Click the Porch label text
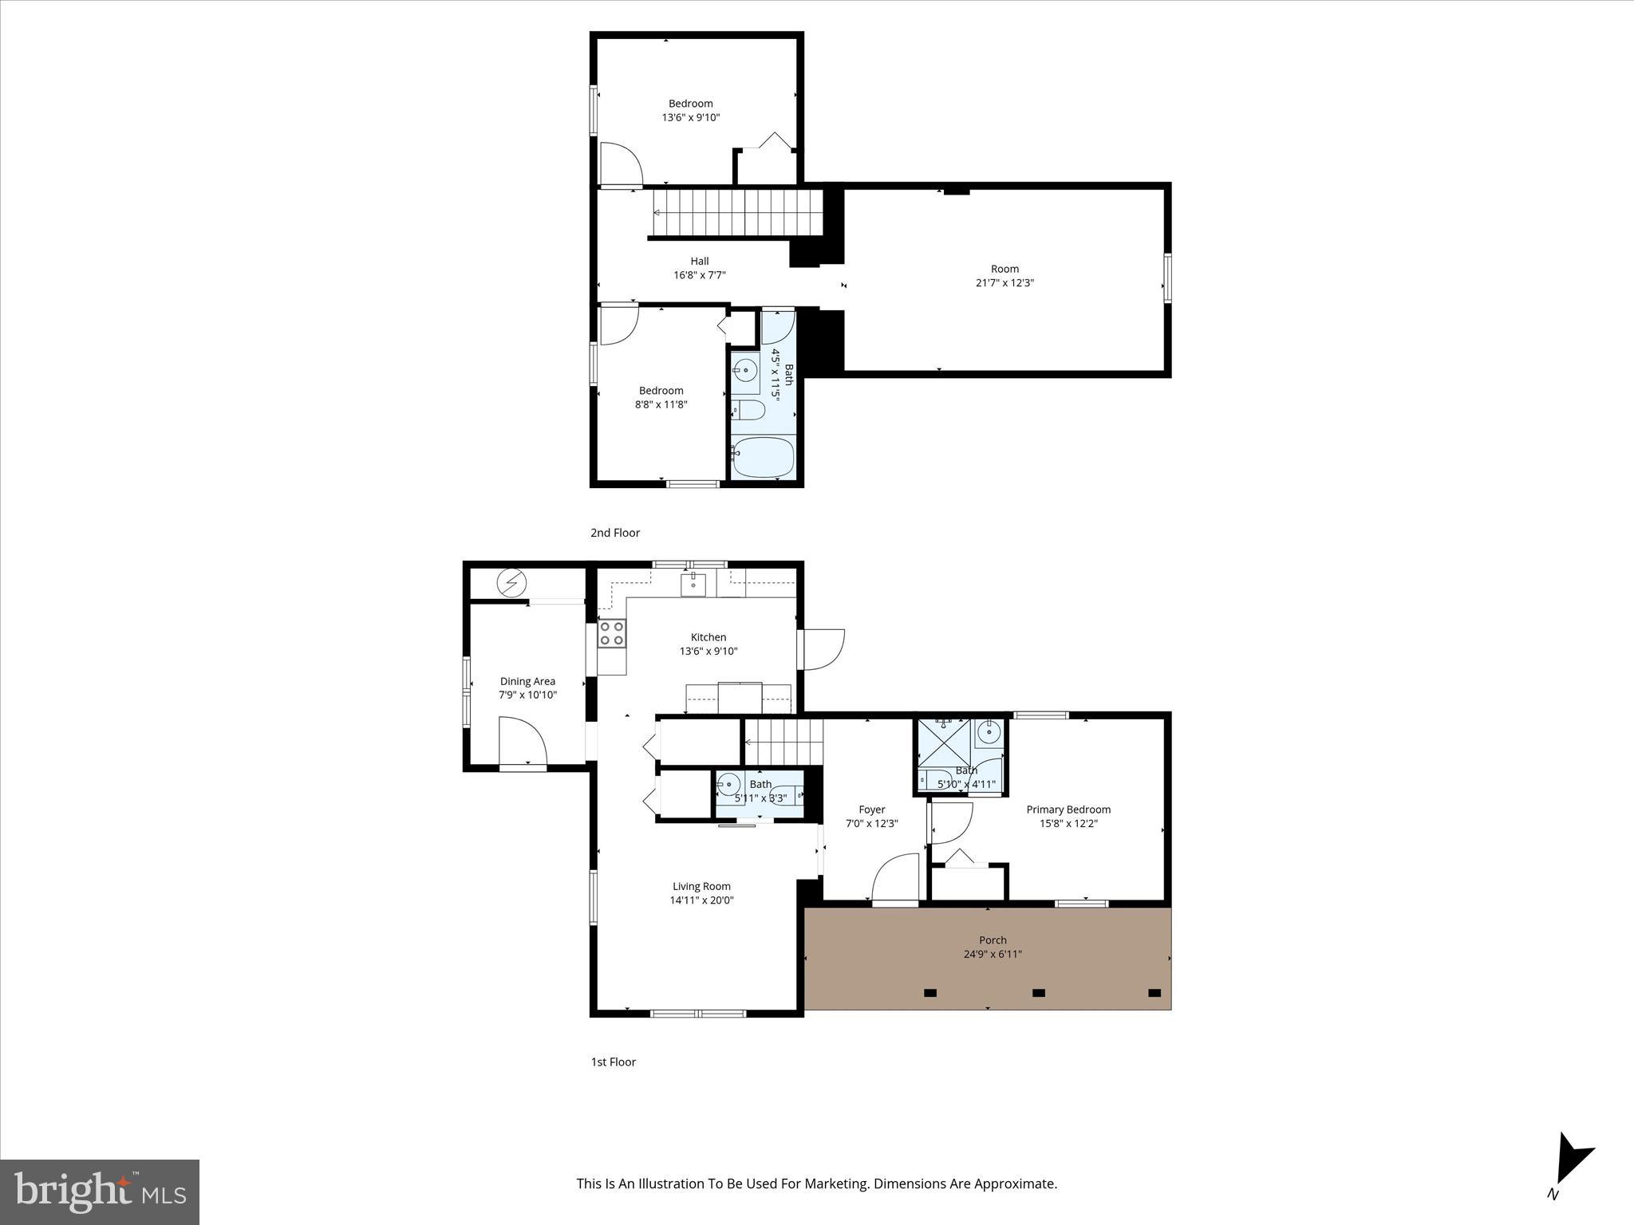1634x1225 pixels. (993, 940)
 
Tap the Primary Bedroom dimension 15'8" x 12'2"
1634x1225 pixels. (1068, 824)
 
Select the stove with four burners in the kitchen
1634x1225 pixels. (612, 633)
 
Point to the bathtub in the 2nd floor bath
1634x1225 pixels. (763, 458)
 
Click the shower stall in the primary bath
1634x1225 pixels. (944, 742)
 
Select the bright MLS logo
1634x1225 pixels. (100, 1192)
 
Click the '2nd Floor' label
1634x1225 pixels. (615, 533)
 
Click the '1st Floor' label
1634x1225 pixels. (614, 1062)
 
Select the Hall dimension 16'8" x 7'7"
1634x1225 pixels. (700, 275)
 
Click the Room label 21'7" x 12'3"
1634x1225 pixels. (1004, 276)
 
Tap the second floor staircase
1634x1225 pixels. (737, 213)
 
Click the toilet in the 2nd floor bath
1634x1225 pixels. (749, 411)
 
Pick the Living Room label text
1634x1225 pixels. (701, 886)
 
